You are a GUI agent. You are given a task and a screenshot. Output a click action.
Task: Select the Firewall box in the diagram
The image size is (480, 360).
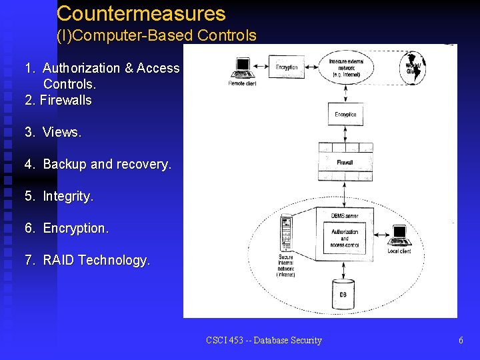(345, 162)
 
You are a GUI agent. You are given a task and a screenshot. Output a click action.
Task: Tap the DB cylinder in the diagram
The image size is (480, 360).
(343, 293)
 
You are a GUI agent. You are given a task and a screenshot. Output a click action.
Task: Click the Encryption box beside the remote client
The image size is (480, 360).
(287, 67)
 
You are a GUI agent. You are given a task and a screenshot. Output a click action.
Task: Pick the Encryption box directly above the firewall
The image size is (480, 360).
(345, 113)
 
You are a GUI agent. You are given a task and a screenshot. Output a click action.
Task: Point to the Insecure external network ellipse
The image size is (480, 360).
(345, 67)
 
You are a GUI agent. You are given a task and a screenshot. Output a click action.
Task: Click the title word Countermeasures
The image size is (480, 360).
(141, 13)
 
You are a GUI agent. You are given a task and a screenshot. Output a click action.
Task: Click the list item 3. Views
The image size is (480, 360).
(53, 132)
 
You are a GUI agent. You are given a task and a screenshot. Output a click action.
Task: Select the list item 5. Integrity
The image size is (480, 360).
(59, 196)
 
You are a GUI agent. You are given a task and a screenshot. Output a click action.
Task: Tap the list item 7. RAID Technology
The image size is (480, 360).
(87, 260)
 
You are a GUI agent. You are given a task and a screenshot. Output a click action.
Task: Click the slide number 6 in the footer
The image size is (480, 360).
(461, 340)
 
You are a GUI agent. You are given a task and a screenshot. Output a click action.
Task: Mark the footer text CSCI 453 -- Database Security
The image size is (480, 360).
(264, 340)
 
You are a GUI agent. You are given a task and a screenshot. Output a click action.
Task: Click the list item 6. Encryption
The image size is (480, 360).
(67, 228)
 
